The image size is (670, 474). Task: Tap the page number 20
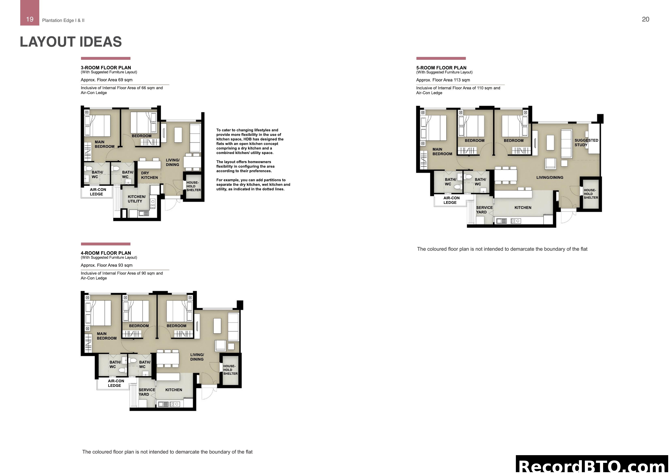click(645, 19)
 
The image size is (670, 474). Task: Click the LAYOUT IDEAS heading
click(71, 42)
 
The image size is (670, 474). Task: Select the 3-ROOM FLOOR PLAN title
click(106, 67)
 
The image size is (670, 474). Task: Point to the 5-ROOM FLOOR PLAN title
click(441, 67)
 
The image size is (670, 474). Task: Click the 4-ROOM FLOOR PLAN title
click(106, 253)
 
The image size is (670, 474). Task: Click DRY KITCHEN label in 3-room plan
click(149, 175)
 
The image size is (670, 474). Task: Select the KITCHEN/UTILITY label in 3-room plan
click(136, 199)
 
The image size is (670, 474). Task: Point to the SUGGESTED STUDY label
click(586, 142)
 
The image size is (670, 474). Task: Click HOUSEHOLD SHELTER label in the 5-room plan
click(591, 194)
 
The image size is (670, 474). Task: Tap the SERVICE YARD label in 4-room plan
click(146, 392)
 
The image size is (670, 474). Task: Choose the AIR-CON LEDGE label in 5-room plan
click(451, 200)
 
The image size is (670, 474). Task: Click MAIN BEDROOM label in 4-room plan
click(107, 336)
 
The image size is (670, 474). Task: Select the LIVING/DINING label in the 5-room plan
click(549, 178)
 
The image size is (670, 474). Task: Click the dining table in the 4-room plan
click(168, 358)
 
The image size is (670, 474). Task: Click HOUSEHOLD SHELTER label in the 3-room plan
click(193, 186)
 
